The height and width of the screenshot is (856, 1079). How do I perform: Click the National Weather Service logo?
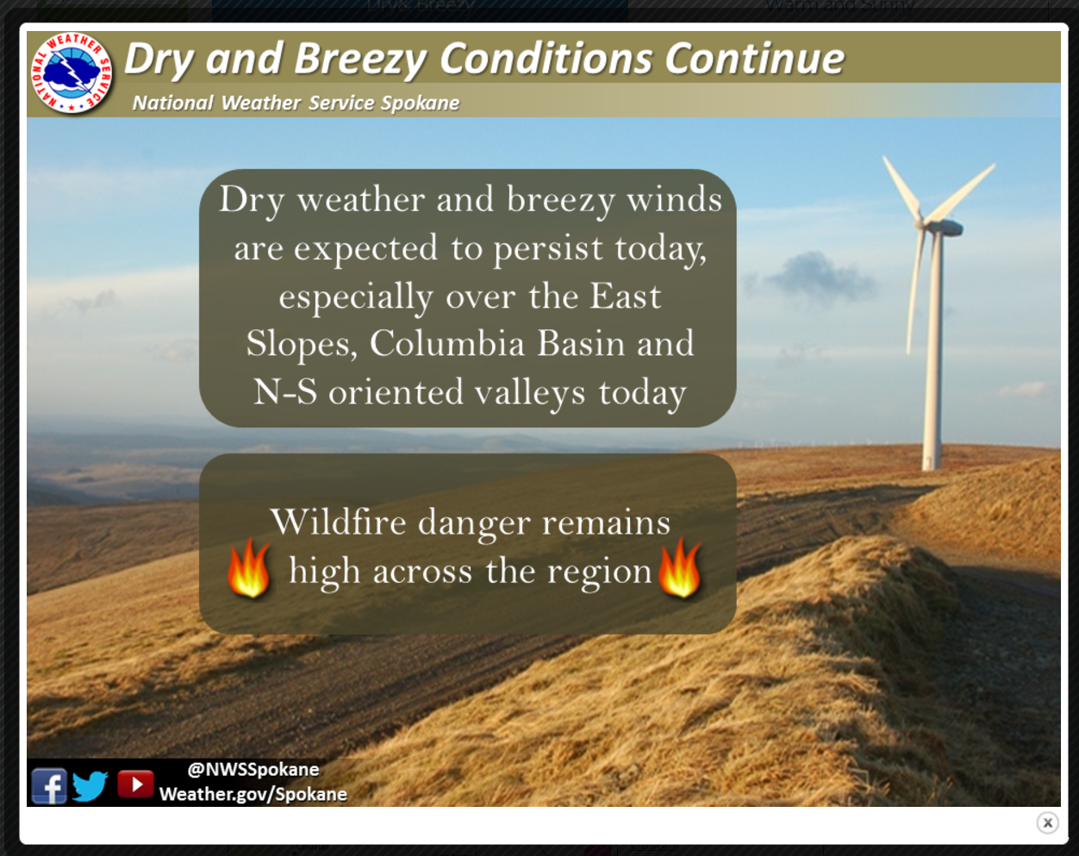72,72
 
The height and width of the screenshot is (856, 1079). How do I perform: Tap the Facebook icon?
48,786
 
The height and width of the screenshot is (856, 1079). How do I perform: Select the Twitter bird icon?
90,786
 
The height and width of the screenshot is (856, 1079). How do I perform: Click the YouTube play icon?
135,784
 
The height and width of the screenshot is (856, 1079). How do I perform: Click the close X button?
1047,823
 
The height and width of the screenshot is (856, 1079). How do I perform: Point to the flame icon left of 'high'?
249,568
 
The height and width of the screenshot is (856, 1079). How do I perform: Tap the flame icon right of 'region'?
680,568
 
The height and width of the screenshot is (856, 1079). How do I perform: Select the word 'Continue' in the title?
755,59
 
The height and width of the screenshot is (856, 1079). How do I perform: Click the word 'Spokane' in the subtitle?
421,103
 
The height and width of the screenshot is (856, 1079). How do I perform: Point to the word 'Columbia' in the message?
447,343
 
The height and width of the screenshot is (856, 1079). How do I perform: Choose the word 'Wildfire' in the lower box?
339,522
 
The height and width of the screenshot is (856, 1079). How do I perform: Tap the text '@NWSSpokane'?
253,769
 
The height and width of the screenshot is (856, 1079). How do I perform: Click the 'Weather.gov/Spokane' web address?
253,794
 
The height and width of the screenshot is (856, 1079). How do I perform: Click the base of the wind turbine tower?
931,464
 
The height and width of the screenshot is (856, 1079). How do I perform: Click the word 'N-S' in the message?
285,391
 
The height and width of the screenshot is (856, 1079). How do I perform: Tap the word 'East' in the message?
625,296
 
